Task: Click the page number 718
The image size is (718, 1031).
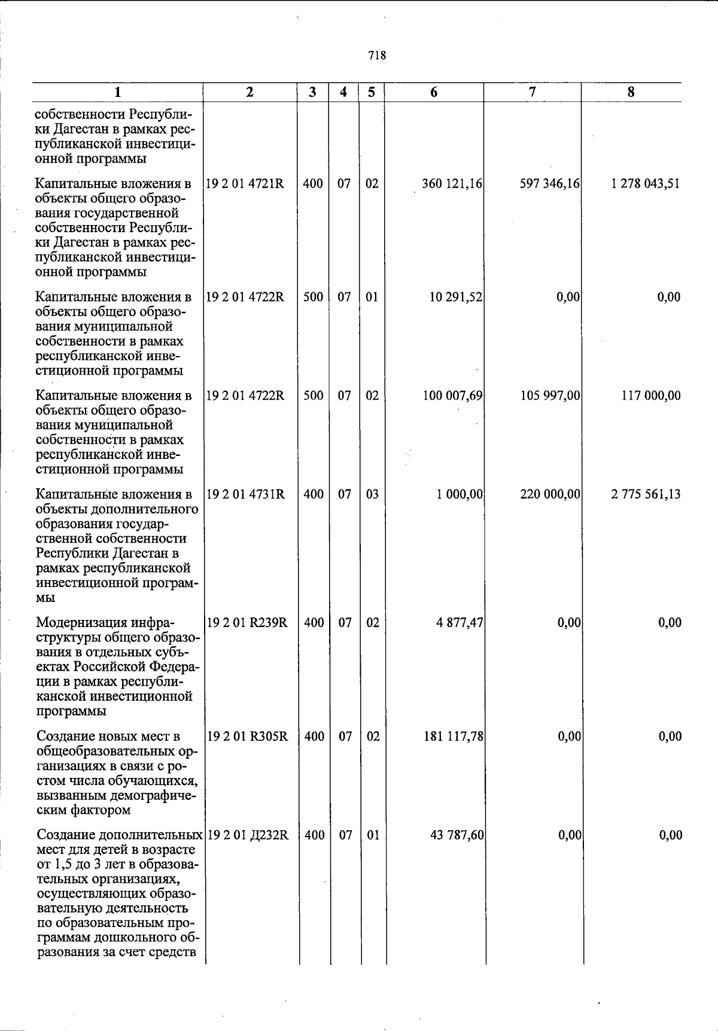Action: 377,56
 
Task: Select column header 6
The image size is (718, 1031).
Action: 434,92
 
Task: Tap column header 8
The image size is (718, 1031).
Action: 631,92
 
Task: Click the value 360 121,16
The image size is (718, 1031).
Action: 452,184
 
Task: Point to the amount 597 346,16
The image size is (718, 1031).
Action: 550,184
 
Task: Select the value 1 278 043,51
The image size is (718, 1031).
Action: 645,184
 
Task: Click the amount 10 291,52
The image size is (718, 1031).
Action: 456,297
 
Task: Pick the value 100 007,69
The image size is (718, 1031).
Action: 452,396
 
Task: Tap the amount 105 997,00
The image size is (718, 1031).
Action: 550,396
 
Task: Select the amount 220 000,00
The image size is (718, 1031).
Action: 550,494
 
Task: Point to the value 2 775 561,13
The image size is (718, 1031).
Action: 645,494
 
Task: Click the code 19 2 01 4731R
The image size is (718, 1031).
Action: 246,494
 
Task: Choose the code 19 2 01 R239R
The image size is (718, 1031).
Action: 247,623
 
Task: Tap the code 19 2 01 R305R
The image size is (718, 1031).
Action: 247,737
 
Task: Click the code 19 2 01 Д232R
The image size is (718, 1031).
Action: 248,835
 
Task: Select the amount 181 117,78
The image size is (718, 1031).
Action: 453,737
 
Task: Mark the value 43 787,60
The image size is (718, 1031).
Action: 457,835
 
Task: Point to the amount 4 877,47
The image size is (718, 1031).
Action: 459,623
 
